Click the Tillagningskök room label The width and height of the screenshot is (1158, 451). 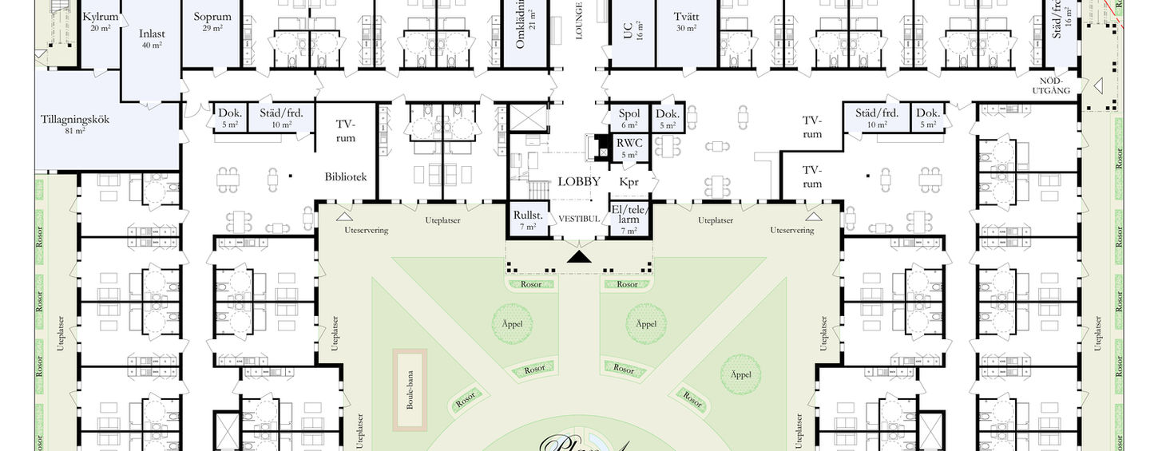75,120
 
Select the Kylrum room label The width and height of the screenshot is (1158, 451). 100,17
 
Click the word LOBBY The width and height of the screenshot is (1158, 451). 579,182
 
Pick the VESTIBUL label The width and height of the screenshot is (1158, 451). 579,219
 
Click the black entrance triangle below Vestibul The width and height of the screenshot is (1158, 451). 579,256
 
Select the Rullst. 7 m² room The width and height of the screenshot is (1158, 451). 528,220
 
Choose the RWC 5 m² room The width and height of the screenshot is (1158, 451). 629,148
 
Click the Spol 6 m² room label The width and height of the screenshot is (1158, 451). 629,117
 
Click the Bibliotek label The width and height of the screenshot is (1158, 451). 345,177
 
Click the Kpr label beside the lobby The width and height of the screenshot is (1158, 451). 629,182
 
